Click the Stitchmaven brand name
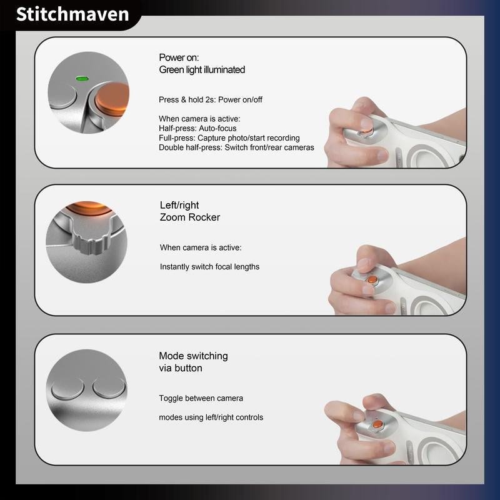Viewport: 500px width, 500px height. pyautogui.click(x=72, y=14)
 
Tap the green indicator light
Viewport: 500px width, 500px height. pyautogui.click(x=82, y=79)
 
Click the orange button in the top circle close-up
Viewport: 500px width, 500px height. pyautogui.click(x=112, y=98)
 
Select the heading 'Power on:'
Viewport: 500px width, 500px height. pyautogui.click(x=179, y=57)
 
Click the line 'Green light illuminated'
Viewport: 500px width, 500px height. pyautogui.click(x=202, y=69)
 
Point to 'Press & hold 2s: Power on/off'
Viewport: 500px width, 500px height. pyautogui.click(x=211, y=100)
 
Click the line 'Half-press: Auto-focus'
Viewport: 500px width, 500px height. pyautogui.click(x=197, y=128)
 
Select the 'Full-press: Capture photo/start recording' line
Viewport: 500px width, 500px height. pyautogui.click(x=229, y=137)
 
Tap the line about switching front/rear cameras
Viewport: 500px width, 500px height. pyautogui.click(x=236, y=147)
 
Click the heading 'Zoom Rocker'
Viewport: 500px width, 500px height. pyautogui.click(x=190, y=217)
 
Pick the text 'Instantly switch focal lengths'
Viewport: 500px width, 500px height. pyautogui.click(x=209, y=267)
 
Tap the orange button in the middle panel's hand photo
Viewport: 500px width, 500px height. pyautogui.click(x=372, y=280)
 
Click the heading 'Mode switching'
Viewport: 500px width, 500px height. pyautogui.click(x=193, y=356)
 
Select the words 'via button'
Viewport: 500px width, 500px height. pyautogui.click(x=181, y=368)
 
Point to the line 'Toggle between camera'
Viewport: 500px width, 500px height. pyautogui.click(x=201, y=398)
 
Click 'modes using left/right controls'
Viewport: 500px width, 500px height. pyautogui.click(x=211, y=417)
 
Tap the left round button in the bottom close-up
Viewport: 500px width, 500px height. pyautogui.click(x=67, y=388)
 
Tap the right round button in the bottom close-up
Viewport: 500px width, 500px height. pyautogui.click(x=109, y=388)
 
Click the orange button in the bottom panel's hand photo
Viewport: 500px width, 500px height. pyautogui.click(x=377, y=424)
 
